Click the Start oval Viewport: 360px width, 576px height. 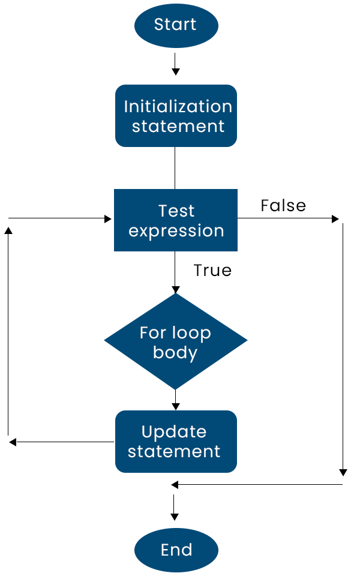(176, 26)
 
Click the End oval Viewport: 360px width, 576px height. (176, 550)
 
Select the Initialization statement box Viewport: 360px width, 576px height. (176, 116)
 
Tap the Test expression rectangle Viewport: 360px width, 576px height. (176, 220)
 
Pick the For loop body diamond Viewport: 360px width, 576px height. (176, 341)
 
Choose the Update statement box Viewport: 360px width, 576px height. (176, 442)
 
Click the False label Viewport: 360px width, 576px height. (283, 206)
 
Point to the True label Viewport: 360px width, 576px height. (212, 271)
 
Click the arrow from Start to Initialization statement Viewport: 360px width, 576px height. (176, 64)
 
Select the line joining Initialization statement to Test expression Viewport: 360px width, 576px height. (175, 168)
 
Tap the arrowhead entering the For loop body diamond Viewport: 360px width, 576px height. (176, 289)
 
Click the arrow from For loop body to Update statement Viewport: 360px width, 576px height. (176, 400)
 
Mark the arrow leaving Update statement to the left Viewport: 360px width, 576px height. (62, 442)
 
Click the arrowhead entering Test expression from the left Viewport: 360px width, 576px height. (107, 219)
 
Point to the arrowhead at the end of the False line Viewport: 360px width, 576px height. (335, 219)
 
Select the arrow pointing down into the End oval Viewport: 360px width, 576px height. (175, 508)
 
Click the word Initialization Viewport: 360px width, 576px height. (178, 107)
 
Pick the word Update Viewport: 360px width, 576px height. (174, 433)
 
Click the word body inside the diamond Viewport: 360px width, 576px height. (175, 353)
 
